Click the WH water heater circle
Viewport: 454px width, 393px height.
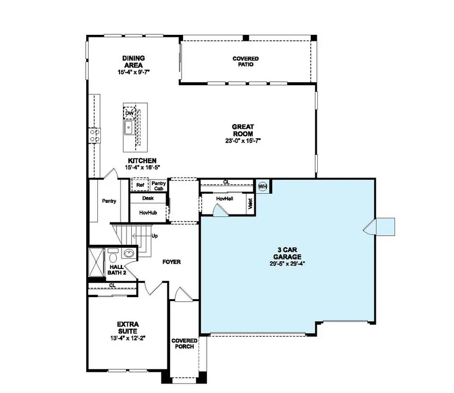[x=262, y=186]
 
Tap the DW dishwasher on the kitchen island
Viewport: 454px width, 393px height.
[x=130, y=113]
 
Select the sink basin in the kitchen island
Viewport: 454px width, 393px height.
[x=130, y=127]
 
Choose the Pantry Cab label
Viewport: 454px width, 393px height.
[x=158, y=186]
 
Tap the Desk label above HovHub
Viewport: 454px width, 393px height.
[x=148, y=198]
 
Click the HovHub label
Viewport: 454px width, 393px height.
[x=148, y=213]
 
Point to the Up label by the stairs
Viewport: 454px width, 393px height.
[x=154, y=236]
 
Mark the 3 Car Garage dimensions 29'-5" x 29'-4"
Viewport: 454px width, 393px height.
[x=287, y=263]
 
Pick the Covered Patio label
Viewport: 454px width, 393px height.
[x=246, y=62]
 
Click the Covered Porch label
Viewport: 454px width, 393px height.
[x=184, y=344]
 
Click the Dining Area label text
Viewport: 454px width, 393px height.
[x=133, y=62]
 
